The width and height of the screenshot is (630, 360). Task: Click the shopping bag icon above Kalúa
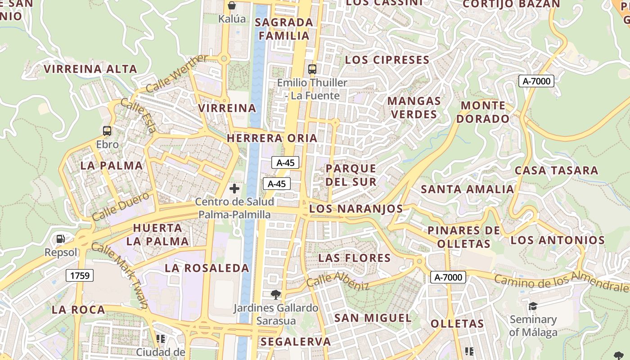tap(232, 5)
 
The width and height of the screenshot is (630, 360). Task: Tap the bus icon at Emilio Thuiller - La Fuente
tap(312, 69)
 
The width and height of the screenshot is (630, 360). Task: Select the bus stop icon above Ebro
tap(107, 131)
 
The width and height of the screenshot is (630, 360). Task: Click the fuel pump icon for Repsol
tap(60, 239)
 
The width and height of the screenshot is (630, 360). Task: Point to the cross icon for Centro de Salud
tap(234, 189)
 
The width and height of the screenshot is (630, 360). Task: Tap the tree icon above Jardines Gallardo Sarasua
tap(276, 295)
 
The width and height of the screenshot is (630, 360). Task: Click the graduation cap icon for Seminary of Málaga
tap(533, 306)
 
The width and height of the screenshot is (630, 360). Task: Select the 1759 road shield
tap(80, 275)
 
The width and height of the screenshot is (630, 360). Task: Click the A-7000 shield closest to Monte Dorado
tap(536, 81)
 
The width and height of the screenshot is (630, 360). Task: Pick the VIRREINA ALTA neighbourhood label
tap(90, 69)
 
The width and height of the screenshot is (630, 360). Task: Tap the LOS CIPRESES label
tap(387, 60)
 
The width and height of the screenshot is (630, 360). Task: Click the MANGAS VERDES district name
tap(414, 108)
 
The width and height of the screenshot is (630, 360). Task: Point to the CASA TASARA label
tap(556, 171)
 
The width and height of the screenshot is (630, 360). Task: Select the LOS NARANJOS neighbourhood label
tap(356, 209)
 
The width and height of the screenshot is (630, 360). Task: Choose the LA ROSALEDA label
tap(207, 268)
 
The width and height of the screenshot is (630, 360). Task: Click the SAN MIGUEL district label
tap(373, 318)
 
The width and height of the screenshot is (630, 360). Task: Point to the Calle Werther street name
tap(177, 73)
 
